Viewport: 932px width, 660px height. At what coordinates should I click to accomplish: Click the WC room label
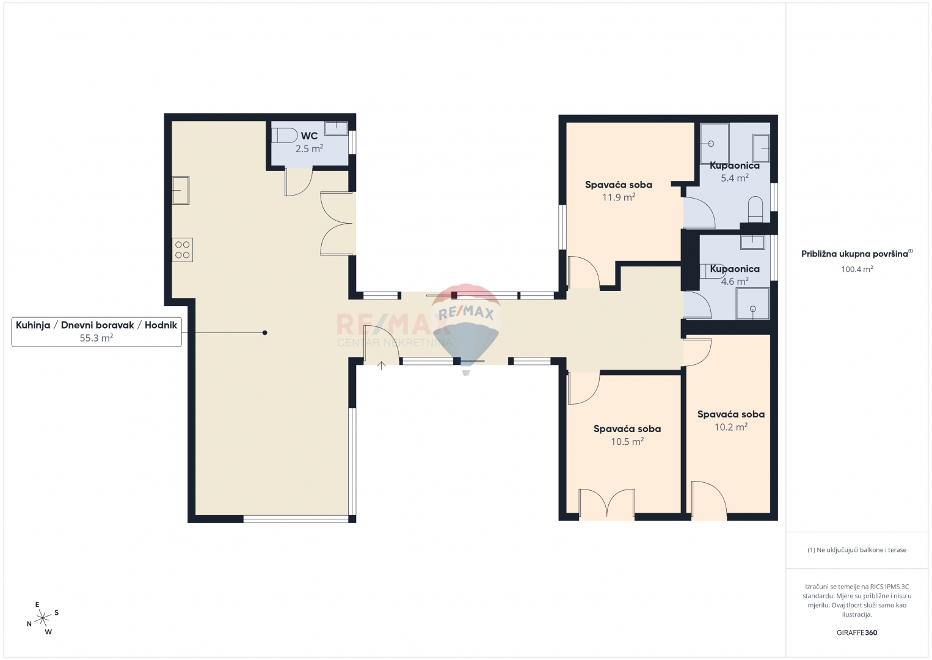pyautogui.click(x=309, y=136)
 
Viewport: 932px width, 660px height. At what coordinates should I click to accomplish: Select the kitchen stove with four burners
pyautogui.click(x=182, y=249)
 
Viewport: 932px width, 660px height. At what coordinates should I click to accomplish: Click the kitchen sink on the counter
pyautogui.click(x=181, y=190)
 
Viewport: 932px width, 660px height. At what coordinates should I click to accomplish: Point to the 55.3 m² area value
pyautogui.click(x=96, y=338)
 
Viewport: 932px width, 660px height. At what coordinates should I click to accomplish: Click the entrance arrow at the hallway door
pyautogui.click(x=381, y=365)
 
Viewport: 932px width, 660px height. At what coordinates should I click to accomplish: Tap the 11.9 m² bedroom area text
pyautogui.click(x=619, y=197)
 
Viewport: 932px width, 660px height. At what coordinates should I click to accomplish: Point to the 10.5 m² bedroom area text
pyautogui.click(x=627, y=441)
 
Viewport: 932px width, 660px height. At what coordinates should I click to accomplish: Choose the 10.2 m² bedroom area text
pyautogui.click(x=731, y=427)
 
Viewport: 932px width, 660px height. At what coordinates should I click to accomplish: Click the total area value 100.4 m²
pyautogui.click(x=857, y=269)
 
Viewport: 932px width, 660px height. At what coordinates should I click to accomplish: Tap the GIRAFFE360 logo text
pyautogui.click(x=857, y=632)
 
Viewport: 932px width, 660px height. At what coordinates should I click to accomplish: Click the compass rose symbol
pyautogui.click(x=42, y=618)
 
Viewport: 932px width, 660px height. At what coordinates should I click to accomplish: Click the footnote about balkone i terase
pyautogui.click(x=857, y=549)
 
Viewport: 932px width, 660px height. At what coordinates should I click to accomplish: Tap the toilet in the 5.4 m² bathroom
pyautogui.click(x=755, y=210)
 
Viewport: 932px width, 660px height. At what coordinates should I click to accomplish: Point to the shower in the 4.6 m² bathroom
pyautogui.click(x=752, y=304)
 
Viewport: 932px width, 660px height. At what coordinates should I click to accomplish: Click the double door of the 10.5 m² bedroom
pyautogui.click(x=606, y=504)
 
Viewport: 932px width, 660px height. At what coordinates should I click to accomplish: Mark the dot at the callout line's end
pyautogui.click(x=264, y=332)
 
